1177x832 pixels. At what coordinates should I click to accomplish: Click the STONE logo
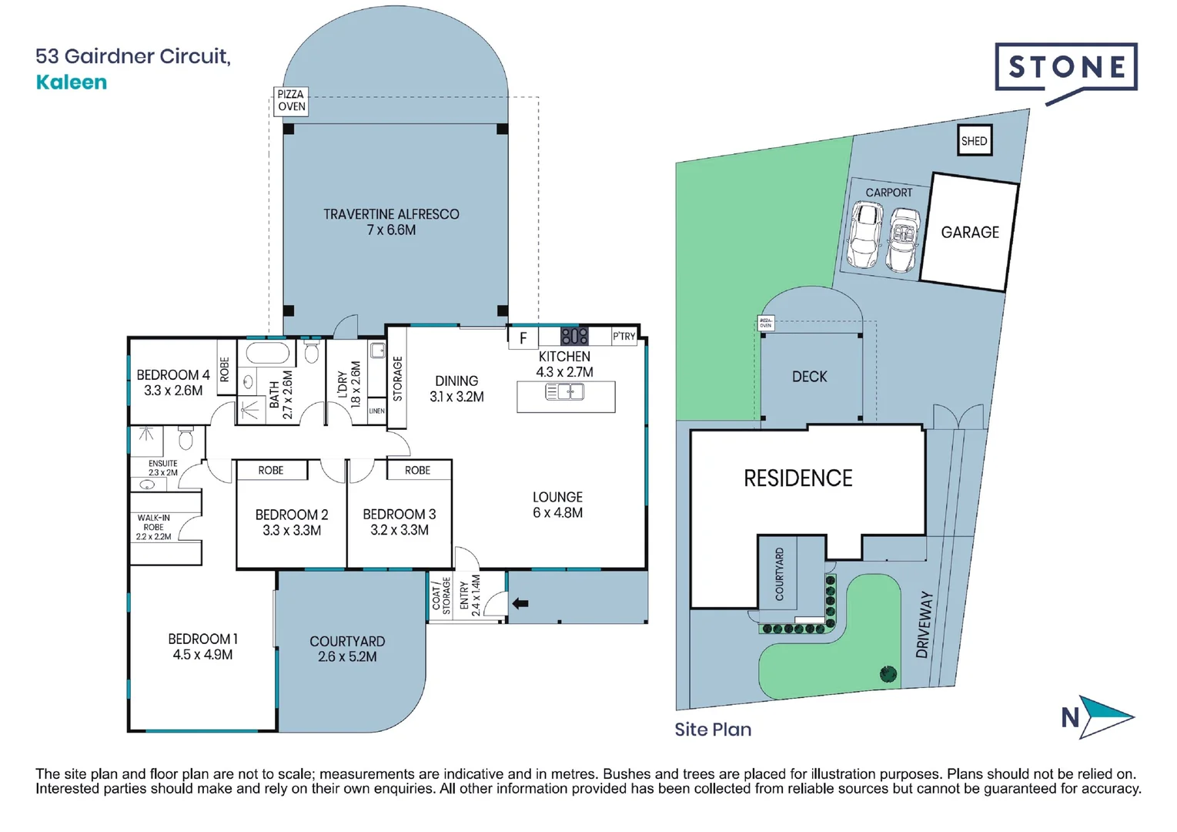[x=1066, y=68]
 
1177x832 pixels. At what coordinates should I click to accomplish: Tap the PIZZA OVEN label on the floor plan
[x=291, y=101]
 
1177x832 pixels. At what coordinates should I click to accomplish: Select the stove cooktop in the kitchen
[x=574, y=336]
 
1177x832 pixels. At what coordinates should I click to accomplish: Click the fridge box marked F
[x=523, y=338]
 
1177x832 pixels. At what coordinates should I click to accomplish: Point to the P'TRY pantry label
[x=624, y=336]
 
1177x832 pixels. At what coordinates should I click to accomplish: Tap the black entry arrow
[x=520, y=603]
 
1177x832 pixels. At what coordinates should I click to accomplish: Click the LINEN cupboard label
[x=376, y=411]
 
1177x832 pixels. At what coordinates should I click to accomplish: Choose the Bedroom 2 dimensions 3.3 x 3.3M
[x=292, y=531]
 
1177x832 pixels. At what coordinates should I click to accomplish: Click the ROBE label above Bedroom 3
[x=417, y=470]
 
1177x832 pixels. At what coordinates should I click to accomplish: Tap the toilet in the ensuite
[x=186, y=438]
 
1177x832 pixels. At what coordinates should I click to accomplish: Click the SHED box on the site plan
[x=974, y=141]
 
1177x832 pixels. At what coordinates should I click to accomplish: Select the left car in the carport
[x=865, y=234]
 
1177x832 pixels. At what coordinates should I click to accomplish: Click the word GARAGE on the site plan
[x=970, y=232]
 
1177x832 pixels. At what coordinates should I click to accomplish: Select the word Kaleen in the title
[x=72, y=82]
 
